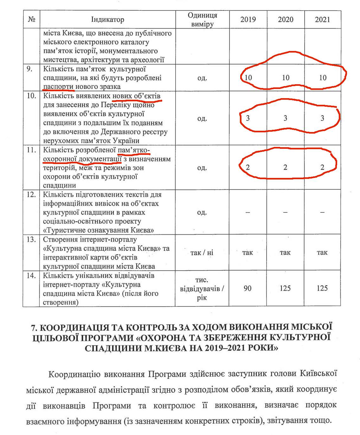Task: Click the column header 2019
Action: click(x=248, y=20)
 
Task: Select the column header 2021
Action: click(x=322, y=20)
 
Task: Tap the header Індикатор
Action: click(x=107, y=20)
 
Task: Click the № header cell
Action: click(x=31, y=20)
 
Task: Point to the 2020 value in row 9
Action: click(x=286, y=78)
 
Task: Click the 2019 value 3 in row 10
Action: click(x=248, y=118)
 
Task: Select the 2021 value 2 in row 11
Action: click(x=322, y=167)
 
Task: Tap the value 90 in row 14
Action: click(x=248, y=288)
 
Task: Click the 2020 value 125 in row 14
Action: click(x=285, y=288)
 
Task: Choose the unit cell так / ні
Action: click(x=202, y=253)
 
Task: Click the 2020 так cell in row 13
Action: click(x=285, y=253)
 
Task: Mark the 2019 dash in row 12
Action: click(x=248, y=212)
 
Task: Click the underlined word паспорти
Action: click(x=58, y=87)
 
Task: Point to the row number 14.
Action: click(x=31, y=276)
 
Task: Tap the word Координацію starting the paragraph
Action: click(x=70, y=374)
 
